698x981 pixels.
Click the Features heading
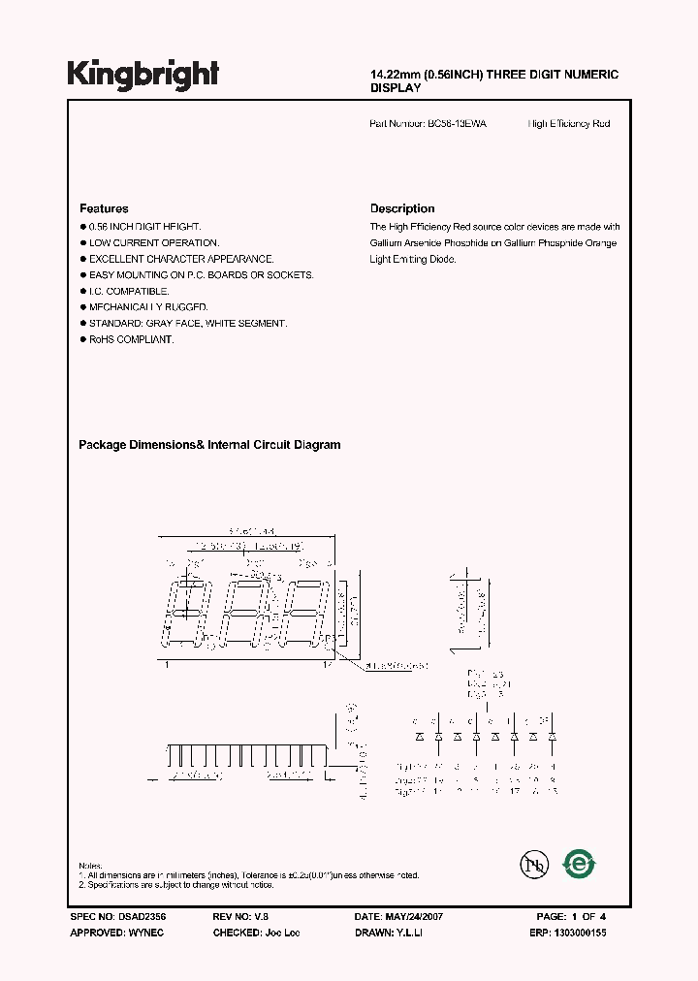(x=104, y=208)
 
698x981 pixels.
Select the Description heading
(x=402, y=208)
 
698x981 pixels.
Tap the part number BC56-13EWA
(x=458, y=124)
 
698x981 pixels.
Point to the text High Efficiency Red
(x=569, y=124)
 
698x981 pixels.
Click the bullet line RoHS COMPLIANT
(x=131, y=339)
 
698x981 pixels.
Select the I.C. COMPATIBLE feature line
(x=129, y=291)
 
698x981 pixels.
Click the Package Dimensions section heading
(x=209, y=445)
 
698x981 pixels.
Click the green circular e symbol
(x=580, y=863)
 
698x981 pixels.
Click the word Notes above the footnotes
(x=90, y=865)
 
